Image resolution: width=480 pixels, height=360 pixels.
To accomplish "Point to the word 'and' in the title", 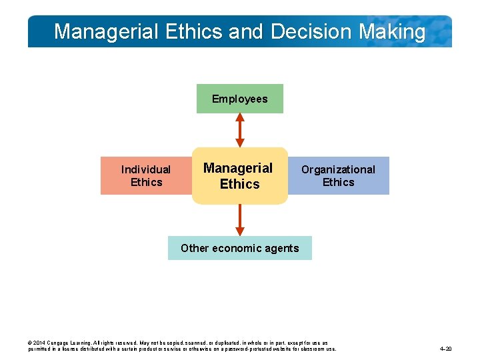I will point(248,31).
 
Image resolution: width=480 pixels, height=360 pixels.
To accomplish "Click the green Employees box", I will point(239,99).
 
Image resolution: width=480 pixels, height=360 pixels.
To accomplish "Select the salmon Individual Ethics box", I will point(145,176).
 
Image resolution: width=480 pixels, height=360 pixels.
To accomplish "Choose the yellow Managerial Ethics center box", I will point(239,176).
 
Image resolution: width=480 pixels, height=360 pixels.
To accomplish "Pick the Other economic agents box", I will point(239,248).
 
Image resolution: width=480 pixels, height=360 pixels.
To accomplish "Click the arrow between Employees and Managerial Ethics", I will point(240,130).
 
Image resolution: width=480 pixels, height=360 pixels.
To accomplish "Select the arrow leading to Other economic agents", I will point(240,220).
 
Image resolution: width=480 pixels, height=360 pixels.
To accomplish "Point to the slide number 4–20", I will point(446,349).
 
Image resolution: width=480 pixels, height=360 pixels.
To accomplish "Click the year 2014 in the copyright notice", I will point(39,342).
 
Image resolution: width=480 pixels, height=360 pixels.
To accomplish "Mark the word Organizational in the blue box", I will point(338,169).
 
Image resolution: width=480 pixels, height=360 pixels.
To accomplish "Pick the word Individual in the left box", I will point(145,169).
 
